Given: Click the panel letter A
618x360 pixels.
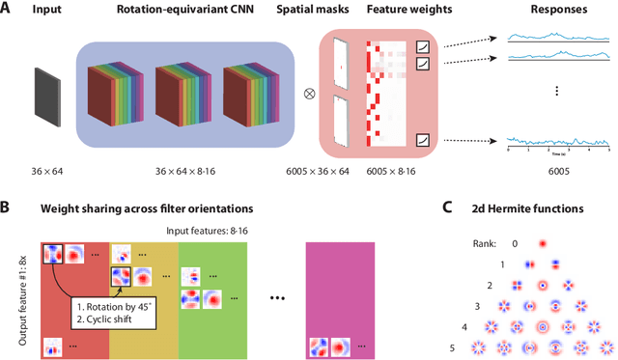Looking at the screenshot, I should [x=8, y=10].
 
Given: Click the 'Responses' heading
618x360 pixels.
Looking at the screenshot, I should [x=555, y=11].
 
